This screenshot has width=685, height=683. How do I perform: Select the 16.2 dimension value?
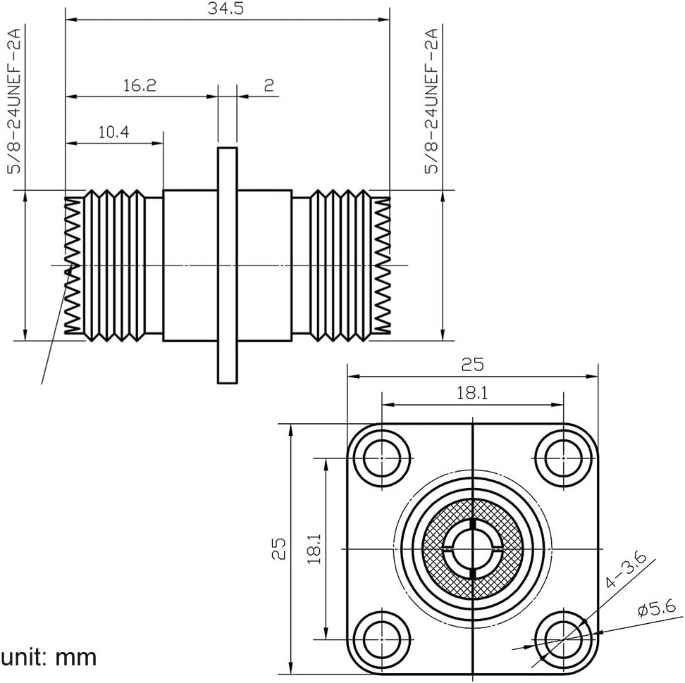[x=139, y=86]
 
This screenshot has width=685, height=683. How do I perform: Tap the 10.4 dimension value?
[x=113, y=132]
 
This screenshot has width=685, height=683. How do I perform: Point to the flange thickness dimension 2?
[x=269, y=86]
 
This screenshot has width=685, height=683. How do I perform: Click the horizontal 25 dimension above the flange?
[x=472, y=364]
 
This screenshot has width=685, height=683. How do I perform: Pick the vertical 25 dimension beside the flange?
[x=280, y=548]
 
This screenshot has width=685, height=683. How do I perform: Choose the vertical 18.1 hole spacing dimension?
[x=314, y=548]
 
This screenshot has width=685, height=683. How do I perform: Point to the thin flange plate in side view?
[x=227, y=265]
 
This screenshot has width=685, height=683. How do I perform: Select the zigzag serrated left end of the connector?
[x=73, y=265]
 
